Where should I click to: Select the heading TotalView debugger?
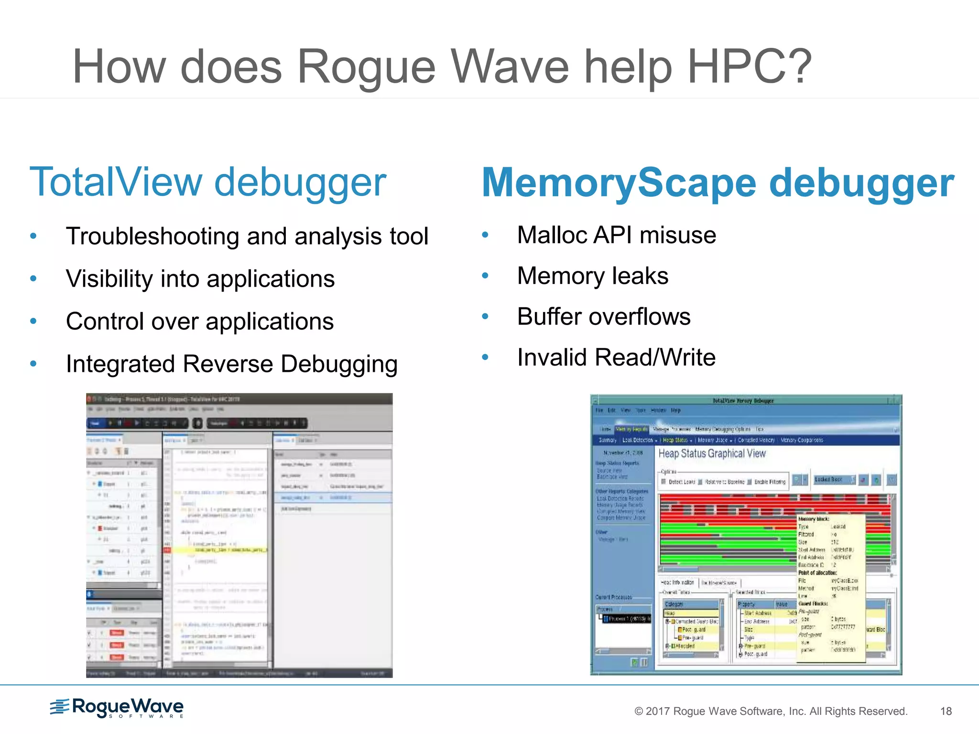pos(207,182)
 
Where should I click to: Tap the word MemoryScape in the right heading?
pos(619,183)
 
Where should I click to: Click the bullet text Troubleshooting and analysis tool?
pos(247,236)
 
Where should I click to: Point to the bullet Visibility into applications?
pos(200,279)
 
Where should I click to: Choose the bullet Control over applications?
pos(199,321)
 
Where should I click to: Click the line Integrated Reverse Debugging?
pos(231,364)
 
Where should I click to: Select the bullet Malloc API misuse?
pos(616,235)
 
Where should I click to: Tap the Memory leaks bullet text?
pos(592,276)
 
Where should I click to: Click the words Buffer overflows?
pos(603,316)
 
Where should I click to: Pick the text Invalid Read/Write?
pos(616,357)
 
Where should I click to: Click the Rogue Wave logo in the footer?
pos(117,708)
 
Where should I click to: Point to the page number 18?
pos(946,711)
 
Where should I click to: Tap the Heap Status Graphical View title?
pos(712,453)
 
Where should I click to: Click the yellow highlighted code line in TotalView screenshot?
pos(220,550)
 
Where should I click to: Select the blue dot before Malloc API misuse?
pos(485,235)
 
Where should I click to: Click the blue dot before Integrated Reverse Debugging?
pos(33,364)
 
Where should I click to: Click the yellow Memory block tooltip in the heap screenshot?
pos(831,588)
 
